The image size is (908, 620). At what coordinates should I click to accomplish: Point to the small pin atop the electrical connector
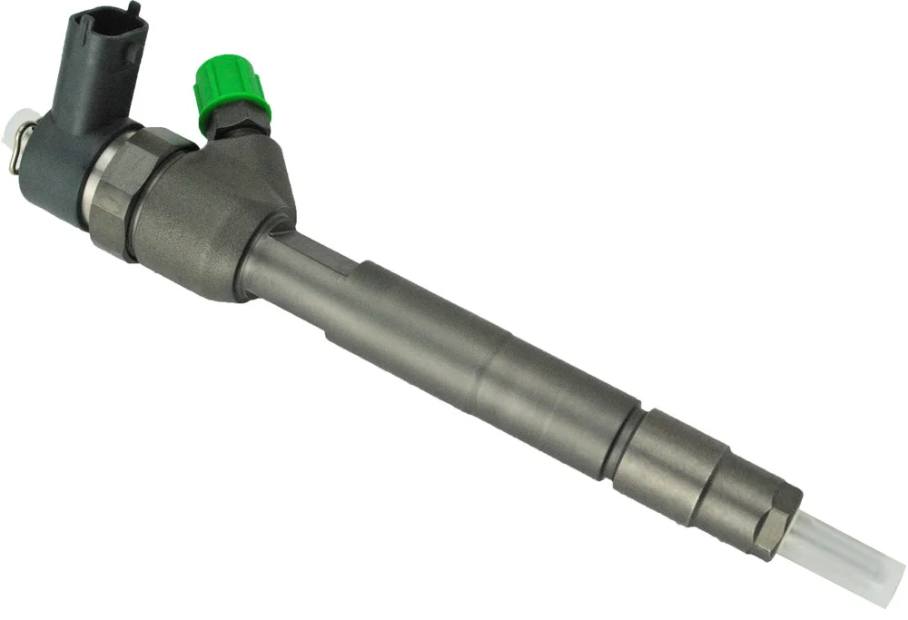click(134, 7)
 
